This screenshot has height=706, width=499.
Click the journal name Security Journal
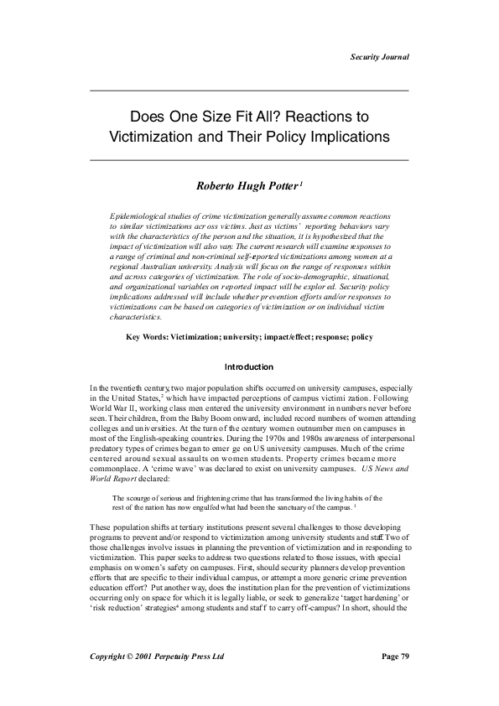point(379,56)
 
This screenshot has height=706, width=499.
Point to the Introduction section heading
point(249,367)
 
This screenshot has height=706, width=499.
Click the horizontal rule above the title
point(249,90)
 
